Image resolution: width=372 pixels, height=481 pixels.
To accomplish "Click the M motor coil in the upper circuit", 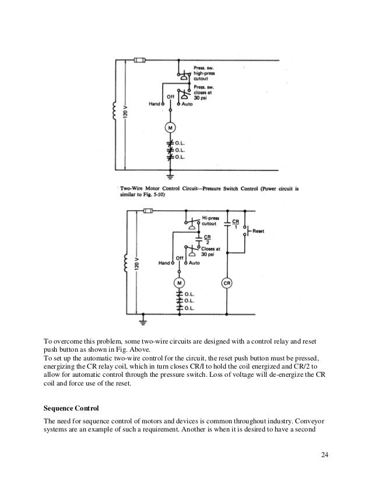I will coord(171,128).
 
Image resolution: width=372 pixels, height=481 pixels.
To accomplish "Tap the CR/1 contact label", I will coord(235,225).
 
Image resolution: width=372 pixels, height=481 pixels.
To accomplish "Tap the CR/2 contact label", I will coord(208,239).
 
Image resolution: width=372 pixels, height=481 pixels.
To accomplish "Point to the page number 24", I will coord(325,454).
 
